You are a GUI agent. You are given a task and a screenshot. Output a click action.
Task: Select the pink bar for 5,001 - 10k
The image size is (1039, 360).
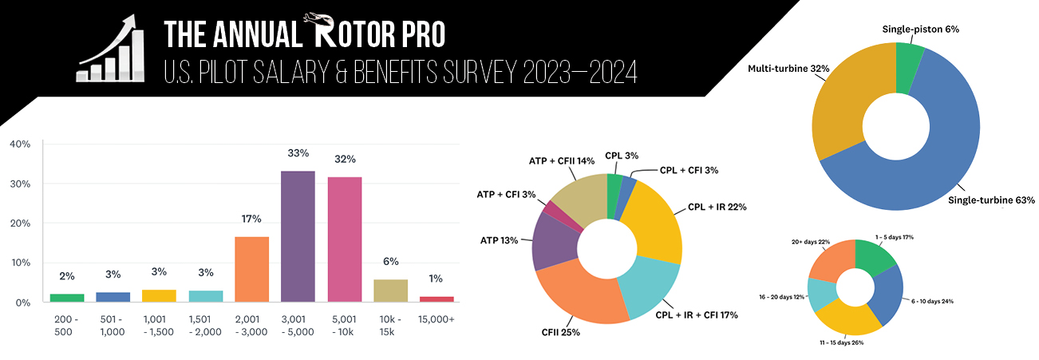click(x=345, y=239)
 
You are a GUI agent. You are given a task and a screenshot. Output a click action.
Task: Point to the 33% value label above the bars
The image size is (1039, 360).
click(x=298, y=153)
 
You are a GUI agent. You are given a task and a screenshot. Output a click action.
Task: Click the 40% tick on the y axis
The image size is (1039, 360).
click(x=20, y=144)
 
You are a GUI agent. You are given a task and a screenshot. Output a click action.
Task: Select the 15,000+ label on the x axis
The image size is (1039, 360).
click(x=437, y=319)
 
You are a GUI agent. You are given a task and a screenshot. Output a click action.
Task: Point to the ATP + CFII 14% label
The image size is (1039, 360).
click(x=562, y=160)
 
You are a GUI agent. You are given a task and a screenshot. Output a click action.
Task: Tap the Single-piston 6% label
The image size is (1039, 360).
click(x=920, y=29)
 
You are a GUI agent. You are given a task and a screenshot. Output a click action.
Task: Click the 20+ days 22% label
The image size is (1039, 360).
click(x=811, y=241)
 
